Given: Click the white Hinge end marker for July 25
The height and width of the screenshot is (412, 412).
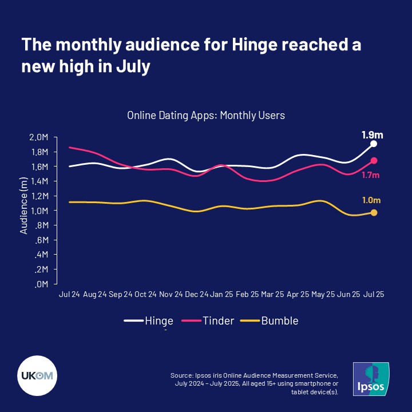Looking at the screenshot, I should click(374, 144).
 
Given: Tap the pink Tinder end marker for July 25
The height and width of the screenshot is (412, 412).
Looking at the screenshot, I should click(374, 160).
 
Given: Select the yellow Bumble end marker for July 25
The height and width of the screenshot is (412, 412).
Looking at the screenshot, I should click(374, 213).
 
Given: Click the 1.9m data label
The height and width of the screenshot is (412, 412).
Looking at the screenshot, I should click(372, 135).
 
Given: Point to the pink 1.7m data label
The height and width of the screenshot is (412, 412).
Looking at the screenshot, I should click(371, 174).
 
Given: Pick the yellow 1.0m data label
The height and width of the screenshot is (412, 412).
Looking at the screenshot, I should click(371, 200).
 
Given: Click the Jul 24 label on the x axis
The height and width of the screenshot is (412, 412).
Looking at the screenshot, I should click(68, 295).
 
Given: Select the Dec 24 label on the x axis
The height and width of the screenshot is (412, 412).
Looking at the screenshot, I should click(196, 295).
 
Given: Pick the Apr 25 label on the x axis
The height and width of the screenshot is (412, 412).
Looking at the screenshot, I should click(299, 295).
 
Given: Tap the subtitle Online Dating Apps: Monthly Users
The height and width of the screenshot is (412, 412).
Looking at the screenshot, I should click(206, 115).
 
